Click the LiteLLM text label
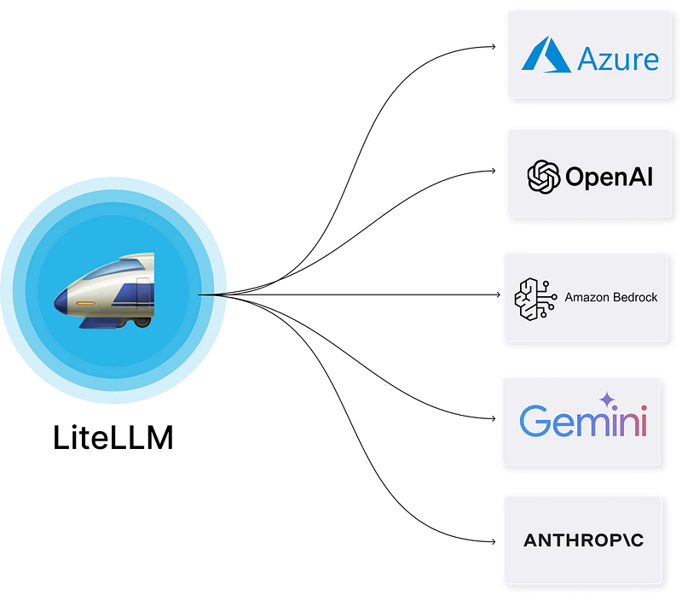pos(113,437)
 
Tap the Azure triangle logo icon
pos(546,55)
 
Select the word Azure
pos(617,59)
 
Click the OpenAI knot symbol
pos(543,177)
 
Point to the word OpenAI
pos(609,177)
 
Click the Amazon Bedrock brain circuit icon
pos(535,299)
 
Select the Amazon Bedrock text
pos(610,297)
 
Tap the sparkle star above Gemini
pos(607,400)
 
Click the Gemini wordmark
pos(583,420)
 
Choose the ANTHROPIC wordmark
pos(583,540)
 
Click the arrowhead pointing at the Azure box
pos(494,46)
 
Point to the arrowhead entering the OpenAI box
pos(494,171)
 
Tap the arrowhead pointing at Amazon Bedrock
pos(498,295)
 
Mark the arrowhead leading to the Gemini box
pos(494,418)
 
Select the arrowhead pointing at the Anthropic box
pos(494,542)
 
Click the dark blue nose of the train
pos(61,301)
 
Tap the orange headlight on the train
pos(86,303)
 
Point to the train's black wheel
pos(142,323)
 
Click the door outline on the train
pos(143,293)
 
